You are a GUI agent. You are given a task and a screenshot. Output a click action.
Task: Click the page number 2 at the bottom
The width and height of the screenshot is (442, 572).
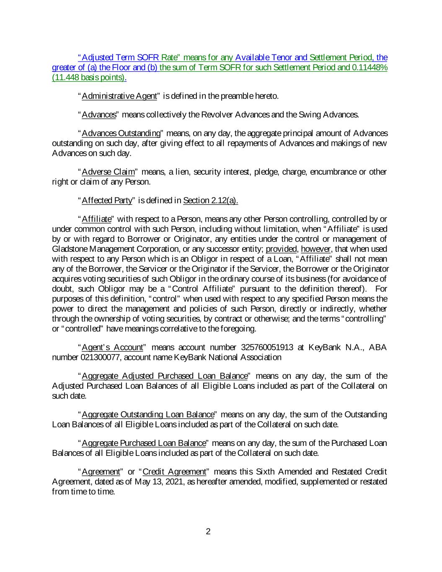click(208, 532)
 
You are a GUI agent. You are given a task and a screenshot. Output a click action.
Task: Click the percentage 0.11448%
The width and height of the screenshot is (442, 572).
click(369, 67)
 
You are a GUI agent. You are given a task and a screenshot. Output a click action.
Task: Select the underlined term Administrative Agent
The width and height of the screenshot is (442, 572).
click(119, 96)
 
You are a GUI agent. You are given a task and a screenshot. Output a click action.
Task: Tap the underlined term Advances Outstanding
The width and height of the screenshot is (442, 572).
click(121, 133)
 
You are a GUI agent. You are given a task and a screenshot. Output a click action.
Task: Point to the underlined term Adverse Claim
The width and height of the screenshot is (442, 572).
click(109, 172)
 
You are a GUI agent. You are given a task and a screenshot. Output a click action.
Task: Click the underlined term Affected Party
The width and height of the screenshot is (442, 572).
click(107, 200)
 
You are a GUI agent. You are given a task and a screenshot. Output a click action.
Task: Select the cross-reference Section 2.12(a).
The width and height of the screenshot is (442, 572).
click(210, 200)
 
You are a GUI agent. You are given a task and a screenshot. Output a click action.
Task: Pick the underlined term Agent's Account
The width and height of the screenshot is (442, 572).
click(111, 347)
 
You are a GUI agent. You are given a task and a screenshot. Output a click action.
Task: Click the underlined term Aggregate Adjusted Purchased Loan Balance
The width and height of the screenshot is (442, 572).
click(165, 376)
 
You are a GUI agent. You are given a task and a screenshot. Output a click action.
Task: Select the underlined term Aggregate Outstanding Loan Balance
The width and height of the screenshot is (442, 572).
click(148, 414)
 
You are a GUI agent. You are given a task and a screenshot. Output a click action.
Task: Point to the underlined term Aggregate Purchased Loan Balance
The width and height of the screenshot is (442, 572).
click(144, 443)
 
